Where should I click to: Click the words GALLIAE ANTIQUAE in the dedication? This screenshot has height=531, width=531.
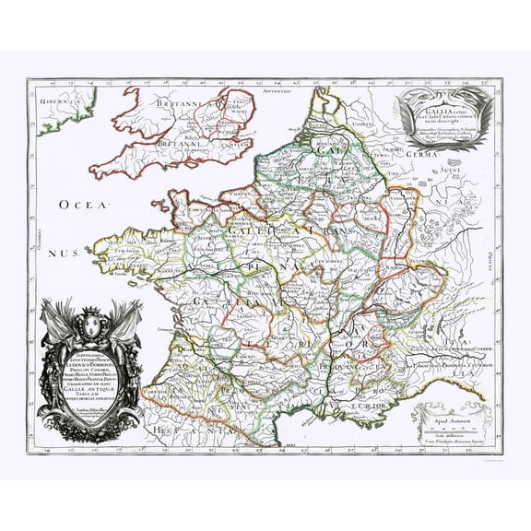point(91,388)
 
